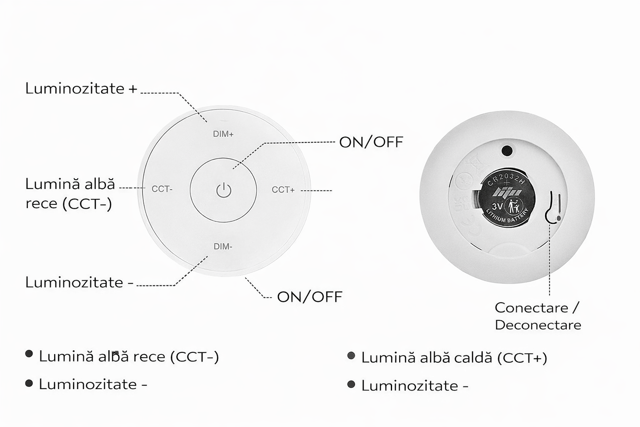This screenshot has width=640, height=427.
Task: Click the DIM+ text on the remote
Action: (x=223, y=134)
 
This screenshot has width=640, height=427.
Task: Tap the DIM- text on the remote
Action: (x=223, y=246)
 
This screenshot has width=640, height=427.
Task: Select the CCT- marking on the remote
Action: (x=162, y=189)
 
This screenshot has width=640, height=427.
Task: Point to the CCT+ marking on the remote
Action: (x=283, y=190)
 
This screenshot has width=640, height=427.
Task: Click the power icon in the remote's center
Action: (x=224, y=190)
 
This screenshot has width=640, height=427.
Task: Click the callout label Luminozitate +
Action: (x=81, y=88)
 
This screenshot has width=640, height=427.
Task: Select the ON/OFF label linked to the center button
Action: (x=371, y=142)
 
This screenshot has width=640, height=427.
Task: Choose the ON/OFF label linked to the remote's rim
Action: (x=310, y=297)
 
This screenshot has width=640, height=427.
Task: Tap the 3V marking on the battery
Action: (x=497, y=206)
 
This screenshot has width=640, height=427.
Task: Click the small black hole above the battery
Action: (x=507, y=150)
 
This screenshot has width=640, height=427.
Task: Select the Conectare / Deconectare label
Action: (x=537, y=316)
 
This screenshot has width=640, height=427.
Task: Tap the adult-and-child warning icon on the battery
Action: (x=513, y=206)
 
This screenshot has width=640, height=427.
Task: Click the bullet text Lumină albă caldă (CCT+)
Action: (x=454, y=358)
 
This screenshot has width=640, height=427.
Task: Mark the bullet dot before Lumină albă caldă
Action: (x=351, y=356)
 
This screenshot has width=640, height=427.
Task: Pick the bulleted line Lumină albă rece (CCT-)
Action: (x=129, y=357)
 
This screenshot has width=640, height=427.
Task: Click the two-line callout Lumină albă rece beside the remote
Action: (x=70, y=194)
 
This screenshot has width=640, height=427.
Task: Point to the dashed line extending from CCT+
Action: (x=317, y=191)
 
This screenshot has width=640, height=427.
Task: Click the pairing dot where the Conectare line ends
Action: (x=558, y=218)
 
